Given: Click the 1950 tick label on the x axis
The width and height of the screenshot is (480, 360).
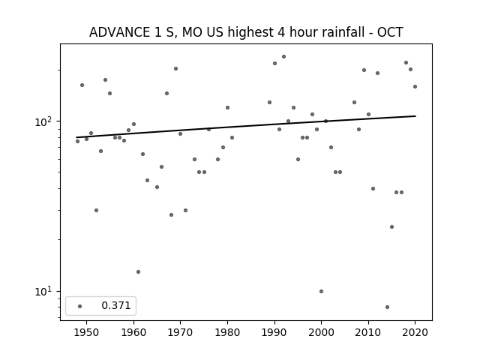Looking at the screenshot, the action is (x=86, y=332).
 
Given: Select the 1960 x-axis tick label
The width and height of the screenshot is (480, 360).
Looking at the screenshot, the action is (x=133, y=332).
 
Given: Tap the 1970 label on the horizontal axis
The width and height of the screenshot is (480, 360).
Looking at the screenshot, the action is (x=180, y=332).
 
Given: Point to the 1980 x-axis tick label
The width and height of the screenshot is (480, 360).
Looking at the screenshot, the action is (x=227, y=332).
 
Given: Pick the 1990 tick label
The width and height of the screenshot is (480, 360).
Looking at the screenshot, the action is (x=274, y=332).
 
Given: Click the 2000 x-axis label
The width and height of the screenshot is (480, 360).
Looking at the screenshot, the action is (x=322, y=332).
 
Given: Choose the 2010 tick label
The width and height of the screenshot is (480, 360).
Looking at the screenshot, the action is (x=368, y=332).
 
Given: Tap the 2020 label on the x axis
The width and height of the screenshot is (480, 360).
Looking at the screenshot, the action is (x=415, y=332).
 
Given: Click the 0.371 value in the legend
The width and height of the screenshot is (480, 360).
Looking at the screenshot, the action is (x=116, y=305).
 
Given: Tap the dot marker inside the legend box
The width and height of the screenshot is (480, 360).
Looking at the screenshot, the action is (x=80, y=306).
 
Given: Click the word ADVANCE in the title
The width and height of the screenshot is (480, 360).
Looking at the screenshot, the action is (x=118, y=32).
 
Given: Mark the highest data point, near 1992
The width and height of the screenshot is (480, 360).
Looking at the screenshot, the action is (x=283, y=57).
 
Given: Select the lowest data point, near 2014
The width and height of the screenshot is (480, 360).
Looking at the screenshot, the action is (x=387, y=307).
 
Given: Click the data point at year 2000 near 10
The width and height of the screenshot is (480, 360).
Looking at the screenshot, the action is (x=321, y=292).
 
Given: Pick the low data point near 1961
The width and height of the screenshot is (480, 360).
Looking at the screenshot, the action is (x=138, y=271).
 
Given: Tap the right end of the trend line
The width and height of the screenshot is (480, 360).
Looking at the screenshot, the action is (x=415, y=116).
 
